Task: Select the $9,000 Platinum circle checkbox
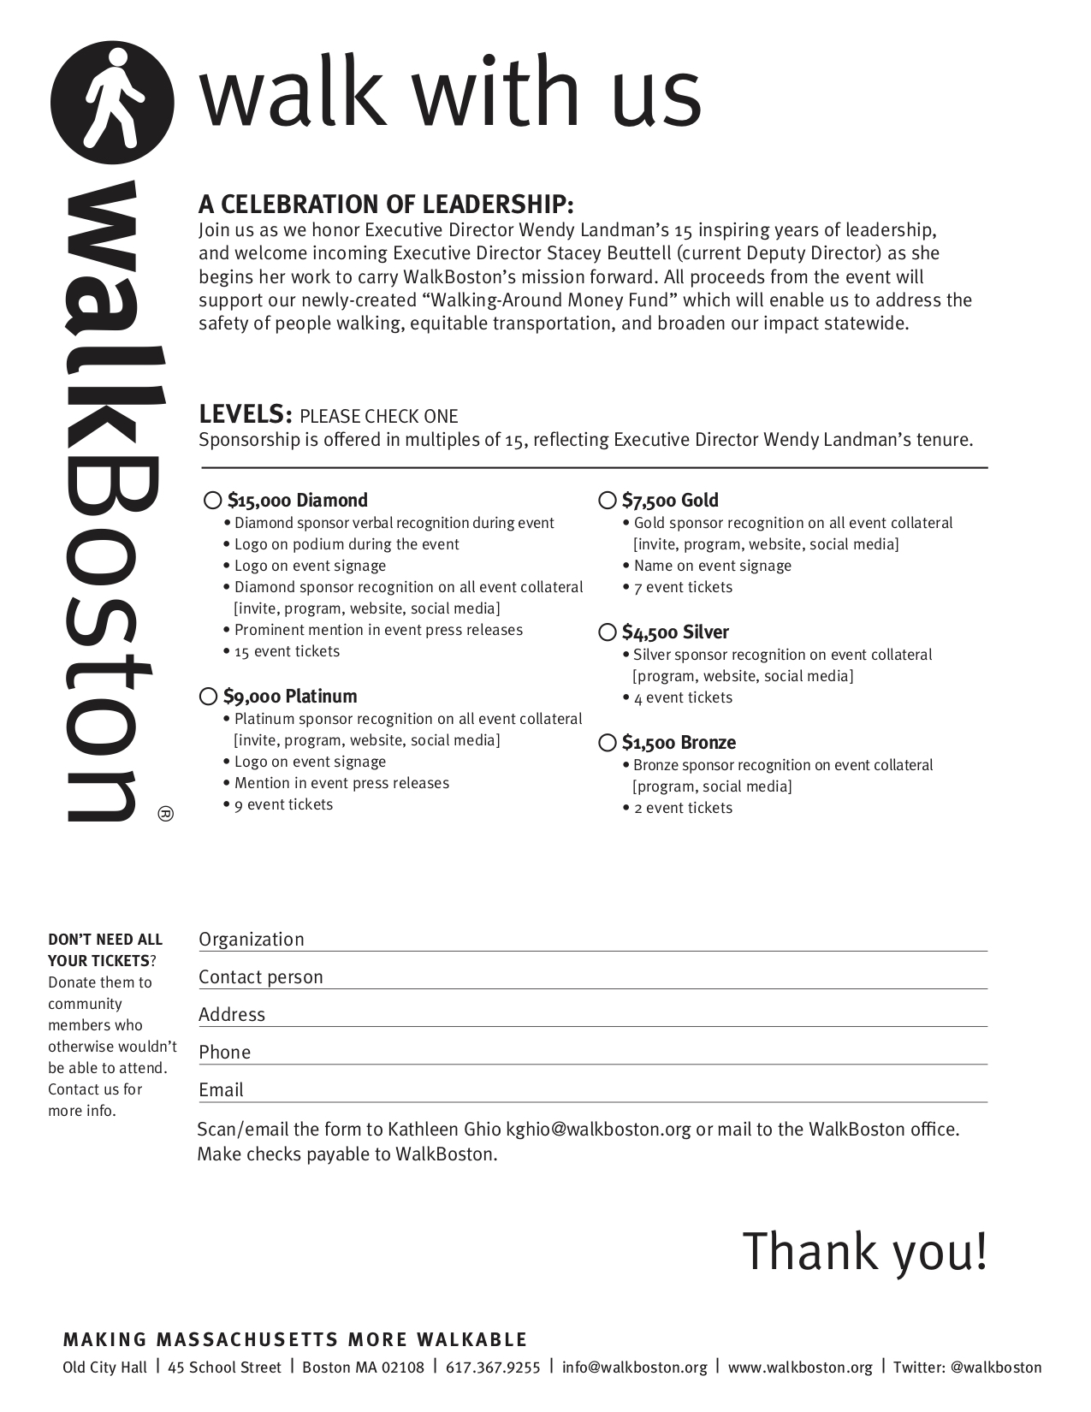pos(208,696)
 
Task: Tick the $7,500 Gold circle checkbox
pos(608,500)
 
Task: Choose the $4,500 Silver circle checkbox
pos(608,632)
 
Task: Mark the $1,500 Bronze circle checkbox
pos(608,743)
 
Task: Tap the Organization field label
pos(252,939)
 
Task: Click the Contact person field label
pos(261,976)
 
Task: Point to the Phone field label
pos(225,1052)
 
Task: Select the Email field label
pos(222,1089)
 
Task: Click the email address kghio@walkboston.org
pos(598,1129)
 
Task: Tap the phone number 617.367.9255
pos(493,1367)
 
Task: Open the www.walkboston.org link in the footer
pos(800,1367)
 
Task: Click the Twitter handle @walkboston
pos(996,1367)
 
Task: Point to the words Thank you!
pos(864,1251)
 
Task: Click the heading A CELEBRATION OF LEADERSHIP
pos(386,205)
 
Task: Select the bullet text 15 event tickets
pos(287,651)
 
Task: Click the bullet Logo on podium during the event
pos(347,544)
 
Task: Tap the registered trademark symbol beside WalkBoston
pos(166,814)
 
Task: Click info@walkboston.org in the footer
pos(635,1367)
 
